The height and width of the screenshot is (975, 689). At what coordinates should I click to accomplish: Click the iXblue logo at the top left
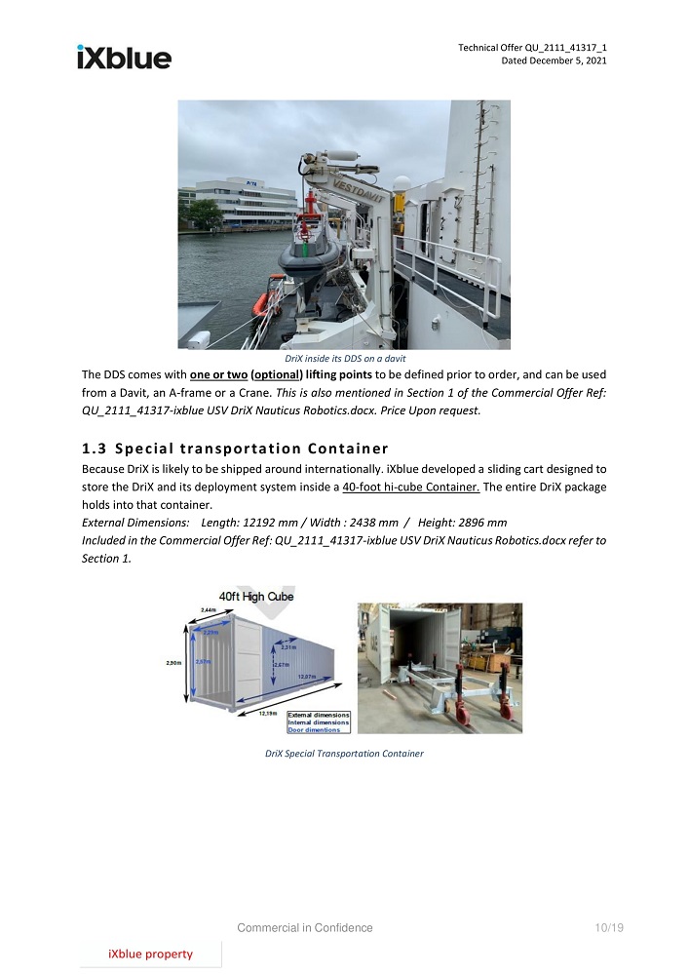click(124, 57)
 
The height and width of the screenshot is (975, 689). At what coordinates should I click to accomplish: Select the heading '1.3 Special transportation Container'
click(235, 448)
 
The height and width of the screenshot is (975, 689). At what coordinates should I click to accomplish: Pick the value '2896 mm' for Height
click(478, 522)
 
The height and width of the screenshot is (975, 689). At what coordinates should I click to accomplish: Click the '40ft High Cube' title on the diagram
click(255, 596)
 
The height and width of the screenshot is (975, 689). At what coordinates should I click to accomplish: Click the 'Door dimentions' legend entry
click(314, 729)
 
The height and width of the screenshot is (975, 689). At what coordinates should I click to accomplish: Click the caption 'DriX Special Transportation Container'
click(344, 754)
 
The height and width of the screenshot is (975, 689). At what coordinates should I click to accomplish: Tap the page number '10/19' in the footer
click(608, 928)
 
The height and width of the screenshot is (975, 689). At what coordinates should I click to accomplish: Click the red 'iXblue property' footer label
click(150, 955)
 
